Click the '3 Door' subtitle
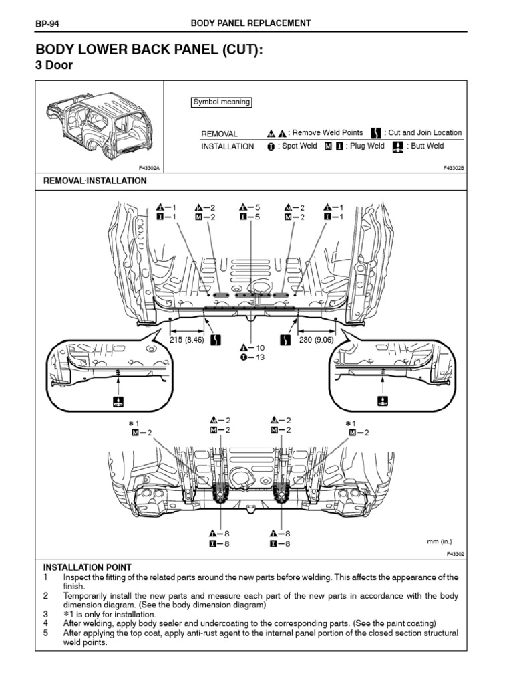tap(53, 66)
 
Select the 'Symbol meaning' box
tap(221, 102)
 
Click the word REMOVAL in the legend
tap(219, 134)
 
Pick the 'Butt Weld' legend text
tap(427, 146)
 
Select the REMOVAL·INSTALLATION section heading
tap(95, 181)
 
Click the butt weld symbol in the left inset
tap(118, 401)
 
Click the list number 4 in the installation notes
tap(46, 623)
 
